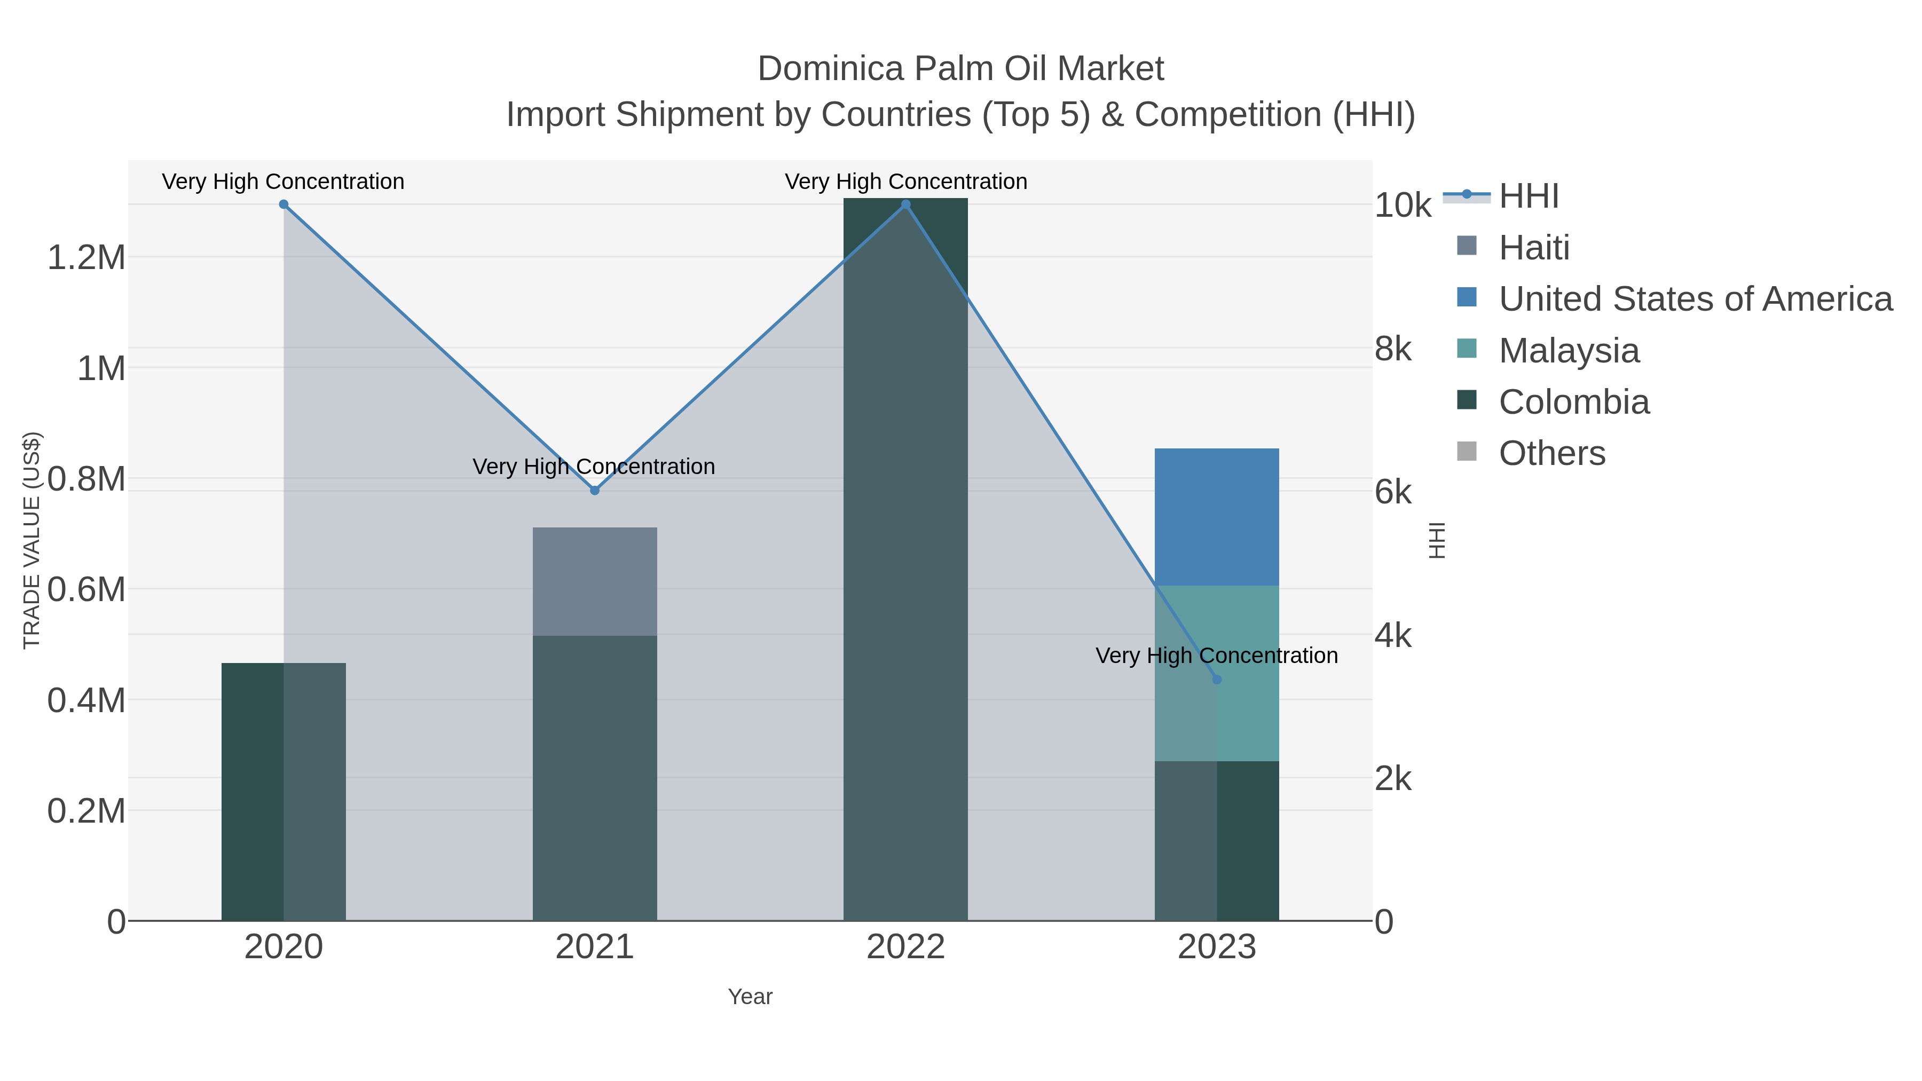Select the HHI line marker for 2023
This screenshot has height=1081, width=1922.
[x=1217, y=680]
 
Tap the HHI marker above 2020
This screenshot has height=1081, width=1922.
[x=283, y=204]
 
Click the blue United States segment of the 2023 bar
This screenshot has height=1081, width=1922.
[x=1217, y=516]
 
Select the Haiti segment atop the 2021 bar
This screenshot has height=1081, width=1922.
[x=595, y=581]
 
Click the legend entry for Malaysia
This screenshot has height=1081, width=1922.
[x=1569, y=351]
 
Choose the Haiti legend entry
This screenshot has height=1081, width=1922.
[x=1534, y=248]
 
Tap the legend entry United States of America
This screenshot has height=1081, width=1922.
[x=1695, y=299]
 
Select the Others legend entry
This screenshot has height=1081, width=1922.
[x=1552, y=454]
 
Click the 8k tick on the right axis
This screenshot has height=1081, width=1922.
[x=1393, y=349]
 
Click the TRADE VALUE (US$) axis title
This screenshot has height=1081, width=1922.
[x=31, y=540]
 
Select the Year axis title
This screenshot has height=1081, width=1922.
[x=750, y=997]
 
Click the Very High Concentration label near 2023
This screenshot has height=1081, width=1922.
[x=1216, y=656]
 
